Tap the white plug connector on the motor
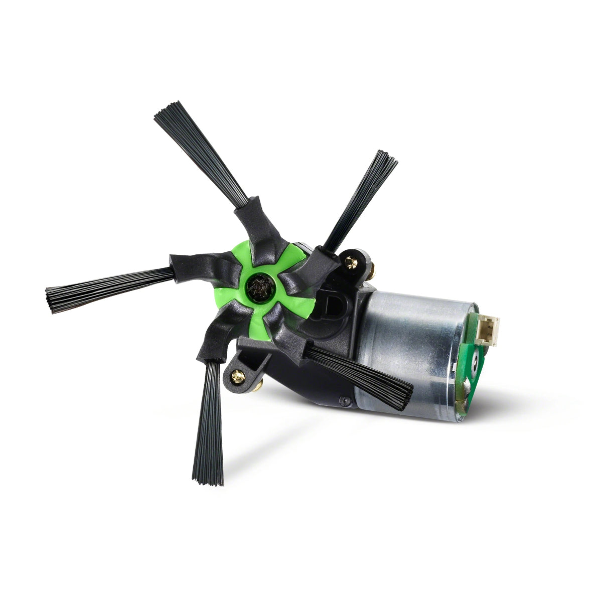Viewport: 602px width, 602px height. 488,331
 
